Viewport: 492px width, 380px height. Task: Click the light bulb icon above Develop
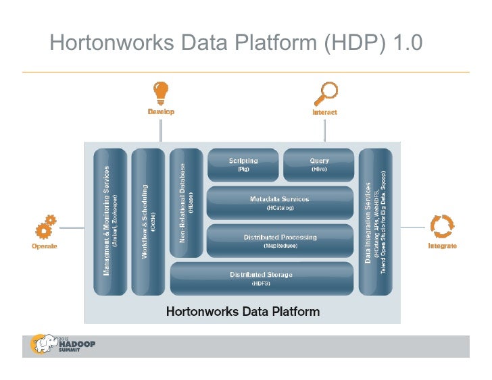pyautogui.click(x=161, y=91)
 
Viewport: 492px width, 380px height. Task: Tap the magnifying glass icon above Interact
pyautogui.click(x=327, y=92)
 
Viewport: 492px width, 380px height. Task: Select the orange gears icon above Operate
pyautogui.click(x=45, y=226)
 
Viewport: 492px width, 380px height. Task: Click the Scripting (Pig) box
pyautogui.click(x=243, y=165)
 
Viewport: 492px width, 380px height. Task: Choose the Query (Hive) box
pyautogui.click(x=319, y=165)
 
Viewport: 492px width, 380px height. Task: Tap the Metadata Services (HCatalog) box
pyautogui.click(x=280, y=203)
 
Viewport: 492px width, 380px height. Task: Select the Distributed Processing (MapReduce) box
pyautogui.click(x=280, y=241)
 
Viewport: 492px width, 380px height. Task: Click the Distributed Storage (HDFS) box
pyautogui.click(x=262, y=278)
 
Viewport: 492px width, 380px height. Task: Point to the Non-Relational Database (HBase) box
pyautogui.click(x=187, y=202)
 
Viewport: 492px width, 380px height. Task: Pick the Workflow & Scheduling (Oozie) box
pyautogui.click(x=148, y=221)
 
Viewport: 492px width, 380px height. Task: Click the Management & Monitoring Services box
pyautogui.click(x=109, y=221)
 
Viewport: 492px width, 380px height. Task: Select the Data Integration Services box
pyautogui.click(x=376, y=221)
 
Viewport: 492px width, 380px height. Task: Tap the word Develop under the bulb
pyautogui.click(x=161, y=112)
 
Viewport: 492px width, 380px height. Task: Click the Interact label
pyautogui.click(x=324, y=112)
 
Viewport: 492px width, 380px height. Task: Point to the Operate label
pyautogui.click(x=45, y=246)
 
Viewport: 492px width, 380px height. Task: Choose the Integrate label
pyautogui.click(x=442, y=246)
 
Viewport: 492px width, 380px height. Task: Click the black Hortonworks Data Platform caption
pyautogui.click(x=243, y=312)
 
